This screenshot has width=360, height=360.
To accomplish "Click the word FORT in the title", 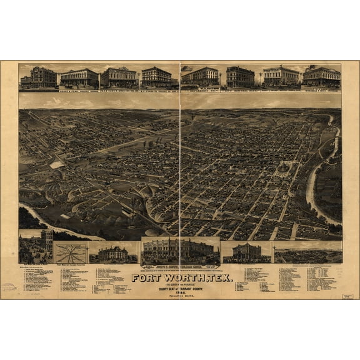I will pos(147,261).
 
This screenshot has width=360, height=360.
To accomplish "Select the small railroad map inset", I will pos(71,252).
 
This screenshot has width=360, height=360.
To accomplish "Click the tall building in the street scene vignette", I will pos(47,240).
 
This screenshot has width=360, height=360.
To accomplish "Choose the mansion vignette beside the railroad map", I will pos(114,253).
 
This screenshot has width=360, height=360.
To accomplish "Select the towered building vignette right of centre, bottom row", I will pos(246,251).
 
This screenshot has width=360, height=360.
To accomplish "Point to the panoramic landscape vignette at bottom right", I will pos(308,254).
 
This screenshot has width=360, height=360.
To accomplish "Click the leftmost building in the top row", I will pos(39,77).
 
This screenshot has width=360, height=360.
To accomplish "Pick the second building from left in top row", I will pos(79,78).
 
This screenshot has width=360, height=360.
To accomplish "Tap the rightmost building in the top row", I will pos(322,77).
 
